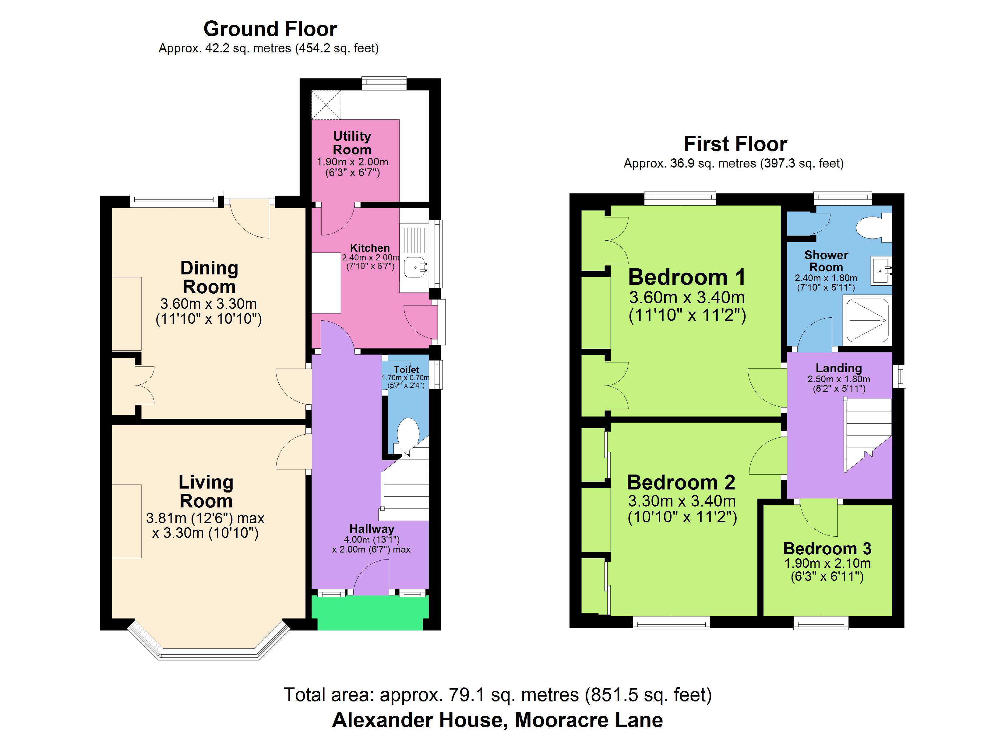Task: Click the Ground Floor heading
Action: (x=270, y=29)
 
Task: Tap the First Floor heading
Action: (x=735, y=144)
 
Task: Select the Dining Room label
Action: (x=209, y=277)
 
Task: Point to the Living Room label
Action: (x=206, y=492)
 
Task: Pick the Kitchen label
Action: (x=370, y=248)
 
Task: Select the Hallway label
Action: (x=372, y=529)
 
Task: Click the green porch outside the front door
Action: (x=370, y=613)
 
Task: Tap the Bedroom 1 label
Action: (x=687, y=277)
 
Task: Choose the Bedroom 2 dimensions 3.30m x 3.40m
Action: (x=682, y=501)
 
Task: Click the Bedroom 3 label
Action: (x=827, y=549)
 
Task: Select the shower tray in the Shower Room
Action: (x=868, y=320)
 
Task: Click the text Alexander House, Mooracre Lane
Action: (x=498, y=720)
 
